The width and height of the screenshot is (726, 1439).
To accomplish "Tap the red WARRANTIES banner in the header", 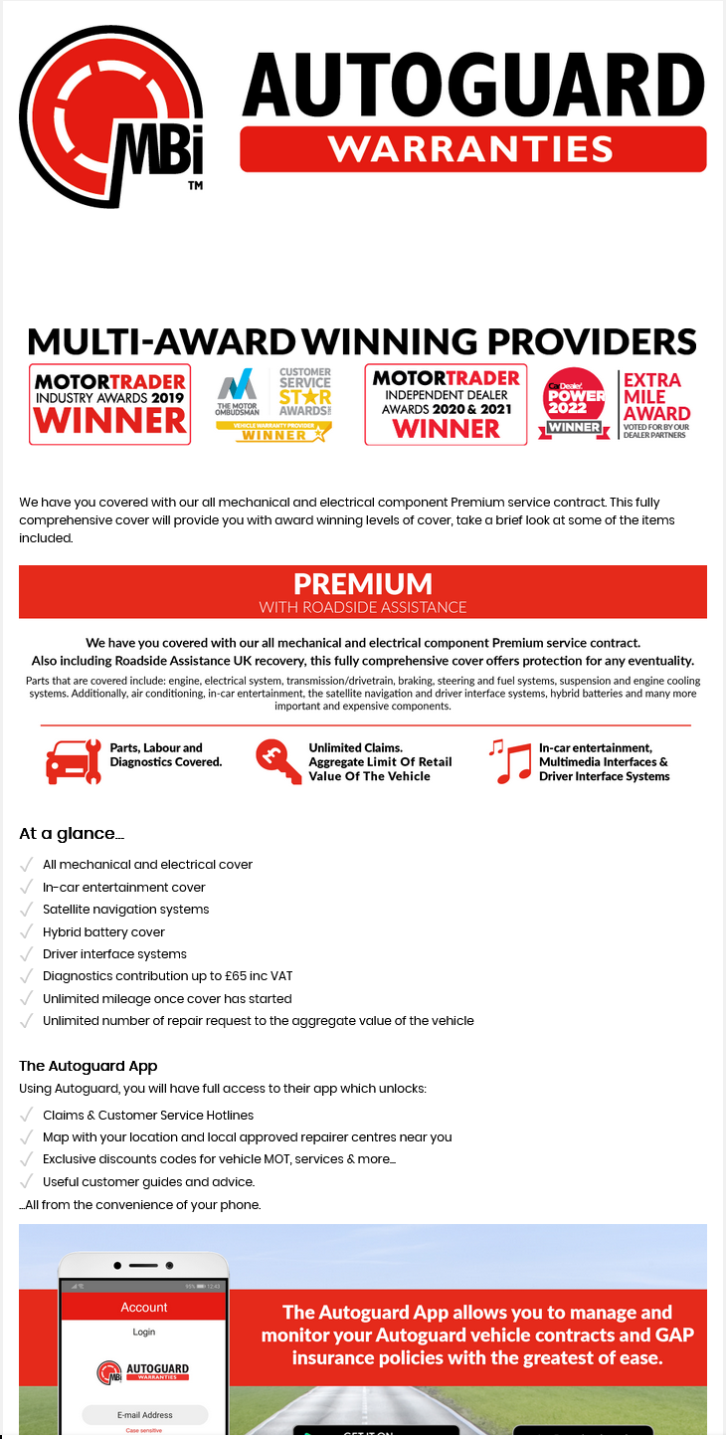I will point(472,149).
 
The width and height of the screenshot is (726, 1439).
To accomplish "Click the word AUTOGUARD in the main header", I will point(472,85).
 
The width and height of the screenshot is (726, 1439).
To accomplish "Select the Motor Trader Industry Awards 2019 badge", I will point(109,404).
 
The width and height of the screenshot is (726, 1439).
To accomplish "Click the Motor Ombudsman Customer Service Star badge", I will point(274,404).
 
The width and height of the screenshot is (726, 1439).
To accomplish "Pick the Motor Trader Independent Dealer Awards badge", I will point(446,404).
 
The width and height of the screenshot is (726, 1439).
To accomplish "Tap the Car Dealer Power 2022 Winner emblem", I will point(575,403).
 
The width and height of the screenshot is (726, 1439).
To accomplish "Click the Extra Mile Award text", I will point(654,396).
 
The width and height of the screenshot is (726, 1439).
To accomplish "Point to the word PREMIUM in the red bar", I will point(363,583).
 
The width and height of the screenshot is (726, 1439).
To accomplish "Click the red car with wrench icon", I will point(74,761).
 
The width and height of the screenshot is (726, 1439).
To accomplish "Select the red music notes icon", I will point(509,762).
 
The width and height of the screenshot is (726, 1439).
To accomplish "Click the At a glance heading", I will point(72,834).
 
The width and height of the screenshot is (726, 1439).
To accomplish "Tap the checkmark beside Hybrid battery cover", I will point(27,931).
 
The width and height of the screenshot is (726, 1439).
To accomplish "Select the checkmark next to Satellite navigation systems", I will point(27,909).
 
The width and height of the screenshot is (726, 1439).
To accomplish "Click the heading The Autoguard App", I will point(89,1066).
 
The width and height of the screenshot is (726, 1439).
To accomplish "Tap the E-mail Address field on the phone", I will point(144,1414).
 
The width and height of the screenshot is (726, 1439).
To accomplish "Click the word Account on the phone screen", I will point(144,1307).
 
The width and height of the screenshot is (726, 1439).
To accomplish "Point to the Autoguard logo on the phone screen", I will point(144,1371).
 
